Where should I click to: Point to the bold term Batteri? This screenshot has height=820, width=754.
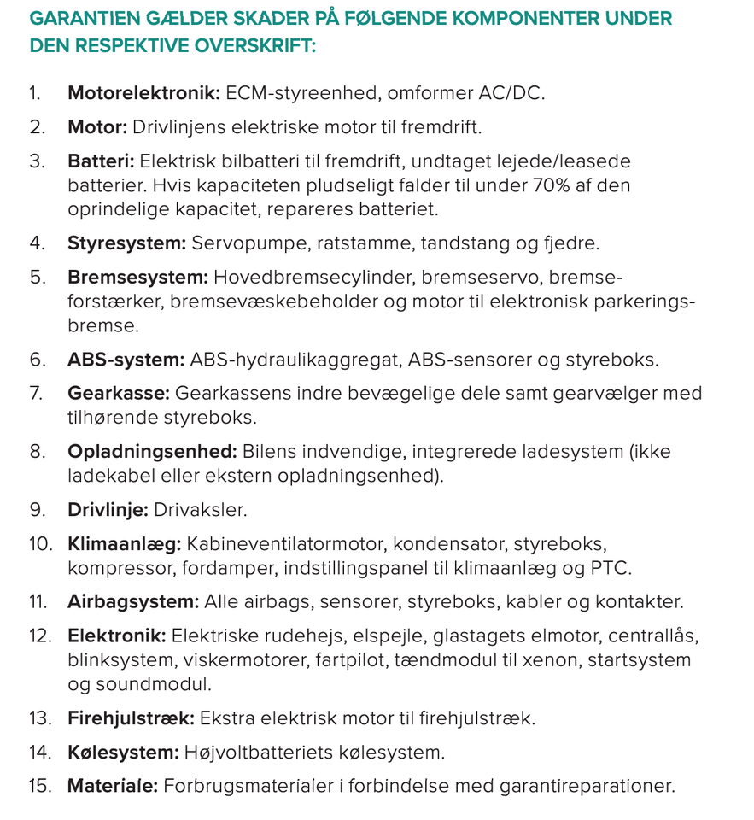pyautogui.click(x=101, y=161)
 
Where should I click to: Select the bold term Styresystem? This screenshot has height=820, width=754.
pyautogui.click(x=126, y=243)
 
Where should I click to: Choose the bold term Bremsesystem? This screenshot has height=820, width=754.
pyautogui.click(x=137, y=278)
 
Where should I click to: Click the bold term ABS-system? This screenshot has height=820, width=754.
pyautogui.click(x=126, y=360)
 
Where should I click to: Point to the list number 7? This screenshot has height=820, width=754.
pyautogui.click(x=37, y=394)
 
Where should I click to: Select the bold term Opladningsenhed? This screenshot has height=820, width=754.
pyautogui.click(x=152, y=452)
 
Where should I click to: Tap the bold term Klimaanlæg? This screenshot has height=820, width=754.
pyautogui.click(x=124, y=544)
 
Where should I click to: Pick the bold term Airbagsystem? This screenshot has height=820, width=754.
pyautogui.click(x=133, y=602)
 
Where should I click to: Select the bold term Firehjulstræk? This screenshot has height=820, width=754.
pyautogui.click(x=131, y=718)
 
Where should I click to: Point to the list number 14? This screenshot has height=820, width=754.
pyautogui.click(x=39, y=753)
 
